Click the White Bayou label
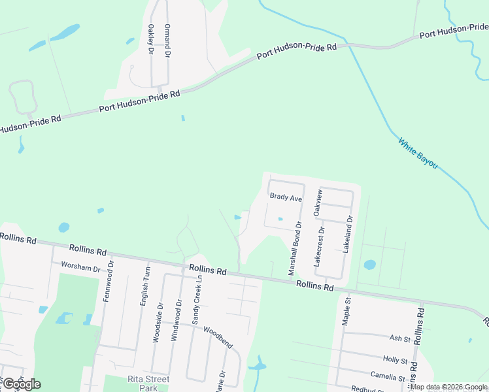click(x=418, y=154)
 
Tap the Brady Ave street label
click(x=286, y=197)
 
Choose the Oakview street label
click(x=318, y=203)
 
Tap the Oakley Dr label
click(x=151, y=39)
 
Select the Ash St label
click(x=399, y=339)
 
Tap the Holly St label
click(x=395, y=360)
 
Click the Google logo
click(x=21, y=384)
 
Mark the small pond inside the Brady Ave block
click(x=280, y=219)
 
